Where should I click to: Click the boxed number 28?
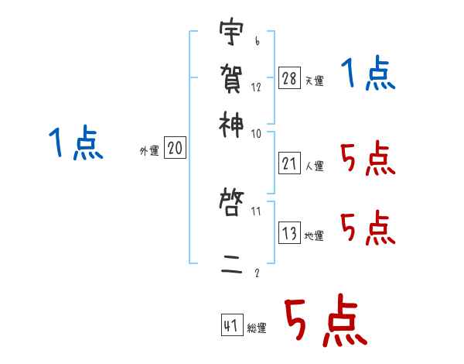click(x=290, y=77)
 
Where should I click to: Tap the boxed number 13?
click(x=290, y=232)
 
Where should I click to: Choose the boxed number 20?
click(x=176, y=149)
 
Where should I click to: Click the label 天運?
click(x=315, y=81)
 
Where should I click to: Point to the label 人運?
click(x=315, y=165)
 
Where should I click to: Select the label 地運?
click(x=315, y=235)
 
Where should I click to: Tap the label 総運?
click(x=257, y=328)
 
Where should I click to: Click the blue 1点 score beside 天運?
click(x=368, y=75)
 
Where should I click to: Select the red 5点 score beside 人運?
click(x=368, y=159)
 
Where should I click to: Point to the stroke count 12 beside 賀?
click(x=256, y=88)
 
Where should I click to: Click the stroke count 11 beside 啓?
click(x=256, y=209)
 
